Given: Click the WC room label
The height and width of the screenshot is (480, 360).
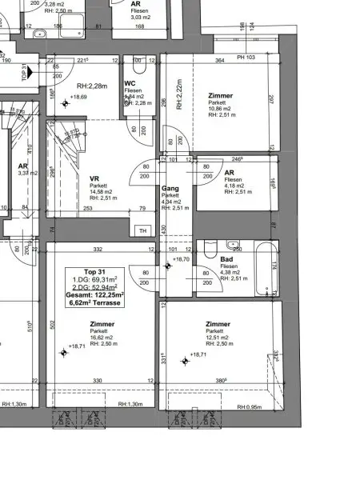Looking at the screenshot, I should tap(130, 83).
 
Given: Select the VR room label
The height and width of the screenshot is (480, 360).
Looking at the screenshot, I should tap(94, 179).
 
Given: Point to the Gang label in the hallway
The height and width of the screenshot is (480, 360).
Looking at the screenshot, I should tap(170, 188).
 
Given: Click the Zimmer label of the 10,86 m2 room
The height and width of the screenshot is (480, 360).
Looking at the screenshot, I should tap(220, 94).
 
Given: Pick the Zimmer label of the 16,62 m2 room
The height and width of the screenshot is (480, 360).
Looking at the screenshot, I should tap(102, 324).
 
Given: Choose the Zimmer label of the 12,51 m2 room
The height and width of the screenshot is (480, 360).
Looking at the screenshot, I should tap(218, 324).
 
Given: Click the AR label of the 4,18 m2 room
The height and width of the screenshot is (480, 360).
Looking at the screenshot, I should tap(229, 173).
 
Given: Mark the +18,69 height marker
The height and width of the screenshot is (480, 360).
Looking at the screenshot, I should tap(78, 97).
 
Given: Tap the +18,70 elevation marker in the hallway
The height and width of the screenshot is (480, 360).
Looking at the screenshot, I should tap(180, 259).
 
